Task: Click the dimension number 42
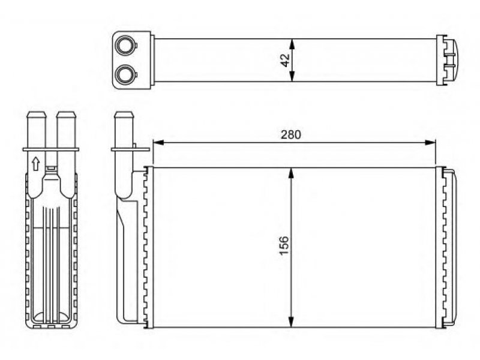pos(285,61)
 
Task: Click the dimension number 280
pos(291,134)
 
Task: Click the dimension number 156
pos(284,245)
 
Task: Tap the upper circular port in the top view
pos(125,46)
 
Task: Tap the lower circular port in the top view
pos(125,74)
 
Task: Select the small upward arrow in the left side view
pos(36,163)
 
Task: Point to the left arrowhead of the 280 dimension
pos(158,142)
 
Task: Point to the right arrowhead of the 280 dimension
pos(430,142)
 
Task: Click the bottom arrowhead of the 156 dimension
pos(291,322)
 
